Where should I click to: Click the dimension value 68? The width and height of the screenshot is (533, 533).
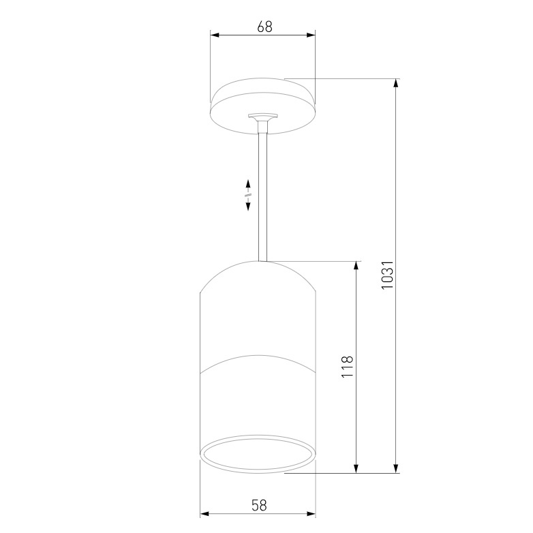[264, 27]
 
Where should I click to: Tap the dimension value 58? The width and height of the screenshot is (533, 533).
[259, 505]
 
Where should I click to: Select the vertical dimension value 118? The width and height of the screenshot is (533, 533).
[346, 368]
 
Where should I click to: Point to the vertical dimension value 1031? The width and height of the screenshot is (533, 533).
[387, 275]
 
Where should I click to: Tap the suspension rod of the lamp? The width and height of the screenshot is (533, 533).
[263, 198]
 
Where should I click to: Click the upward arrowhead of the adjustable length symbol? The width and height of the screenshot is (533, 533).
[249, 183]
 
